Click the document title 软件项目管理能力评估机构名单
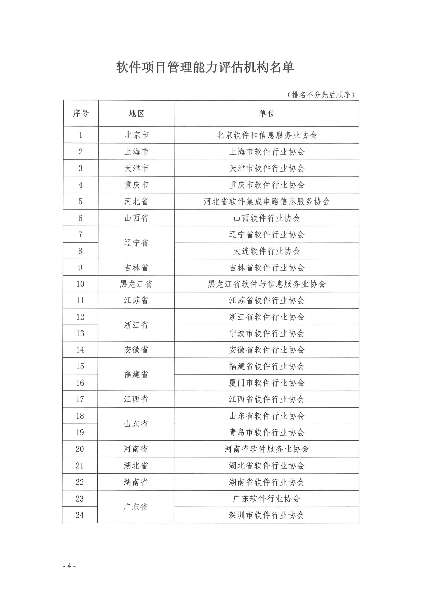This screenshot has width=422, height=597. (x=205, y=67)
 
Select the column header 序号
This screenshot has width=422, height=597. (x=81, y=113)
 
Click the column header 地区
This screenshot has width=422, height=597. (x=136, y=113)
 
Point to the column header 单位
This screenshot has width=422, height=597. (x=267, y=113)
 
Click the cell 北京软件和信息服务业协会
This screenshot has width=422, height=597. (x=267, y=135)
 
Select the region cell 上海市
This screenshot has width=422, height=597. (x=136, y=152)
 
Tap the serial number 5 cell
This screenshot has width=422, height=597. (x=81, y=201)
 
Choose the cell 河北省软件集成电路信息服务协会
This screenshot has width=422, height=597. (x=267, y=201)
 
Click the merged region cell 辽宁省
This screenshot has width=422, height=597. (x=136, y=243)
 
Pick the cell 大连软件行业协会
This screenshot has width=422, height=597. (x=267, y=251)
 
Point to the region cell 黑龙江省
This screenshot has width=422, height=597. (x=136, y=284)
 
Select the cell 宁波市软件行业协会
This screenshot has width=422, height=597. (x=267, y=333)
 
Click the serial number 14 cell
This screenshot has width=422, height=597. (x=80, y=350)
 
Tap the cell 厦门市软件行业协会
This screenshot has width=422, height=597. (x=267, y=383)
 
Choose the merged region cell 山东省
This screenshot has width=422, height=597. (x=136, y=424)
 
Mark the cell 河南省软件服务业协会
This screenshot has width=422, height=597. (x=267, y=449)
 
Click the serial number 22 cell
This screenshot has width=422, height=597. (x=80, y=482)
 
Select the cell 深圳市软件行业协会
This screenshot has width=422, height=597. (x=267, y=515)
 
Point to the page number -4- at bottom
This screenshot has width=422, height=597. (x=69, y=566)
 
